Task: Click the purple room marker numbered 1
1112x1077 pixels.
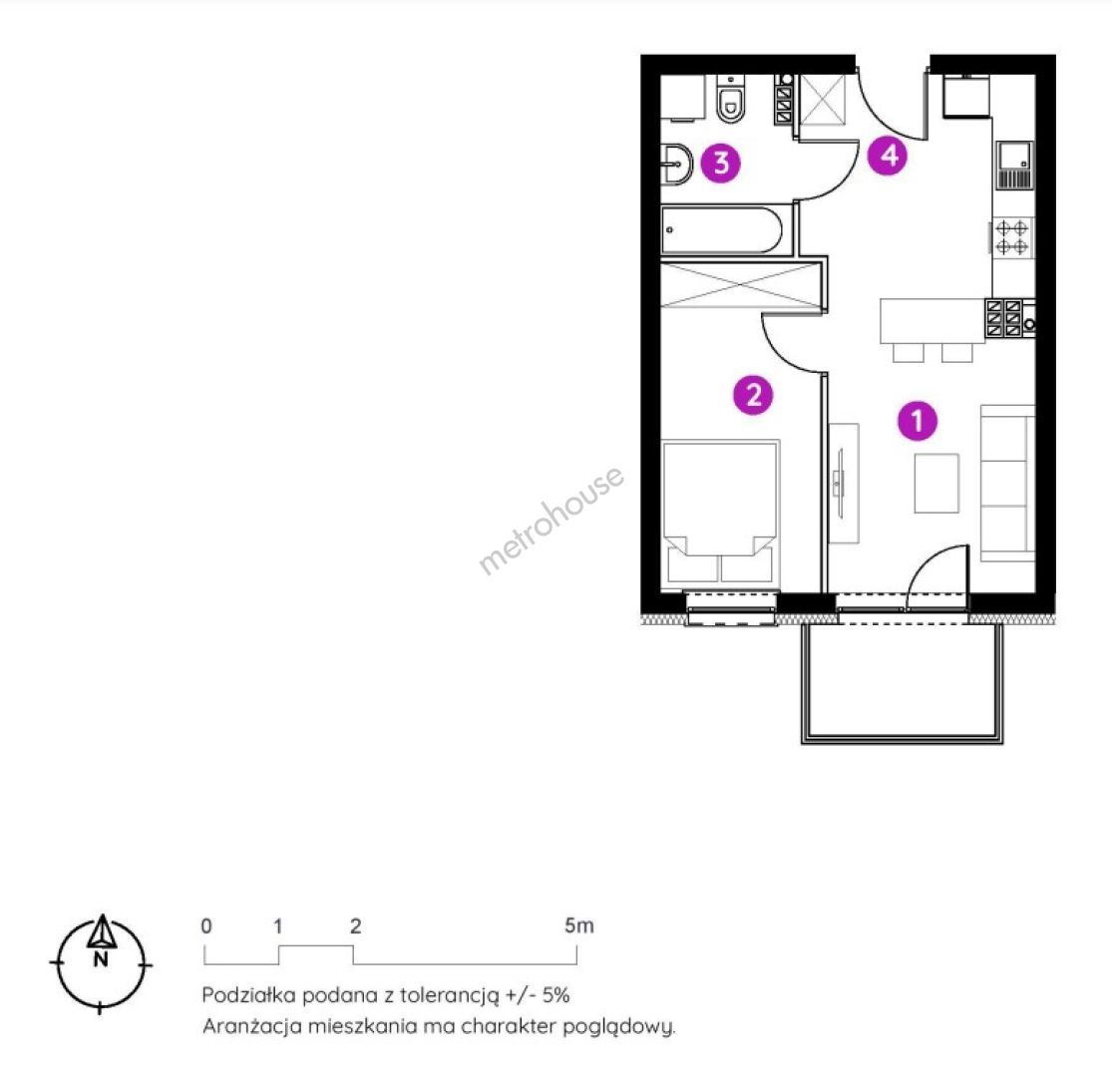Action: tap(917, 421)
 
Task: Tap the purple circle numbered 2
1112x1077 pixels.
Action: tap(753, 394)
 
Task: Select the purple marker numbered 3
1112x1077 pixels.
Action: tap(720, 164)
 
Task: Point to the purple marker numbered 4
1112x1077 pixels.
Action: tap(888, 155)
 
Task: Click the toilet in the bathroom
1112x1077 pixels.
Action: tap(730, 99)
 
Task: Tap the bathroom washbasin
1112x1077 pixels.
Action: tap(676, 165)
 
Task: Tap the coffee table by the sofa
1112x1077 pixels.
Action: tap(936, 483)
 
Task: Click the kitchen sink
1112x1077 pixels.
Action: tap(1013, 166)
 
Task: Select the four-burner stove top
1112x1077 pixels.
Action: tap(1011, 237)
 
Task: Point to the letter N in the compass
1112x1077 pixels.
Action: tap(101, 960)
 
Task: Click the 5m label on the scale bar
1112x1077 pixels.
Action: tap(578, 925)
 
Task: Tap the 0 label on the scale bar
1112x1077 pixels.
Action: tap(205, 925)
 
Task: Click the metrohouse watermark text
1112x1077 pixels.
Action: tap(552, 519)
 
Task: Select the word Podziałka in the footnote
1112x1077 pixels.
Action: tap(248, 995)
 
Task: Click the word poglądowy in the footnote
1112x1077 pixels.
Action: tap(618, 1027)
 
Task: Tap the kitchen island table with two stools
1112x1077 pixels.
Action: tap(932, 330)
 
